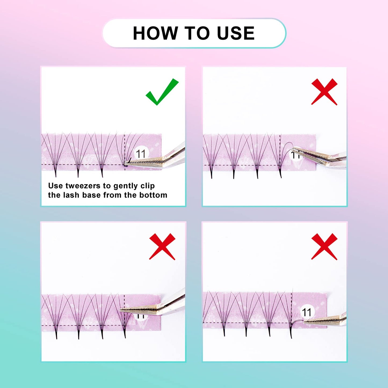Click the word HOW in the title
click(x=155, y=33)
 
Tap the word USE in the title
click(x=235, y=33)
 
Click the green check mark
click(x=162, y=92)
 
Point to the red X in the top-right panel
click(x=324, y=92)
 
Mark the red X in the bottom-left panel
click(x=162, y=246)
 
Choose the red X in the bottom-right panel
click(x=324, y=246)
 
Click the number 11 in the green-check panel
click(x=141, y=154)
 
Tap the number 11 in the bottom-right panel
click(x=307, y=312)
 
